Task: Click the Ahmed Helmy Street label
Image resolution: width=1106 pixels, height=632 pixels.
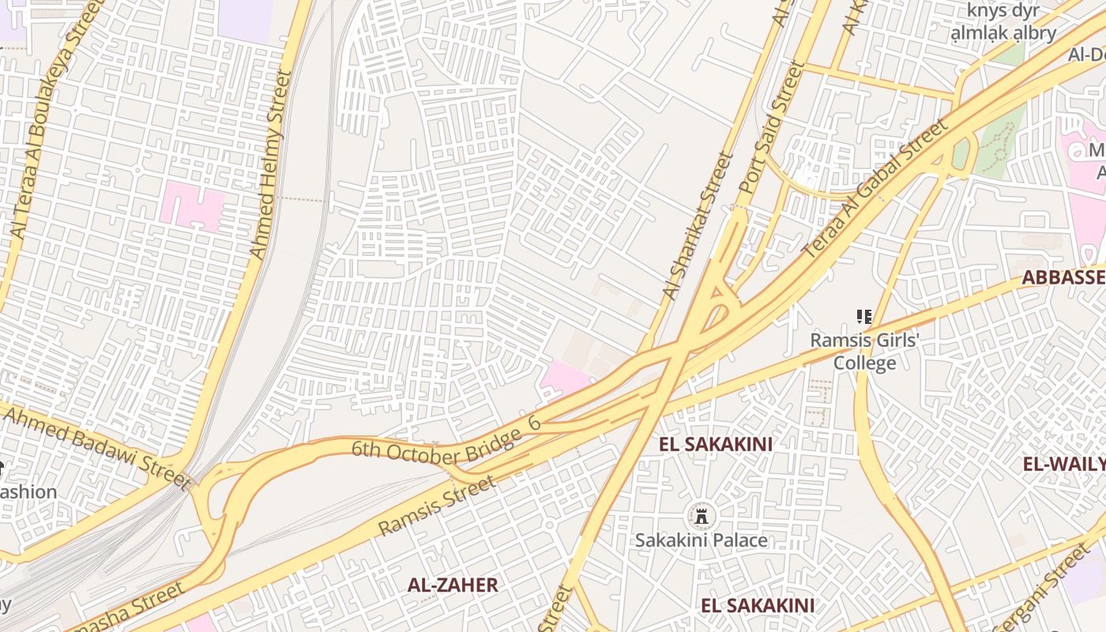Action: [x=271, y=165]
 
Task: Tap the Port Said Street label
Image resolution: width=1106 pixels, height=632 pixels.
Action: [x=770, y=128]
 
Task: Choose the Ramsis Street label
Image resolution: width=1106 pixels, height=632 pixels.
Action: [x=437, y=506]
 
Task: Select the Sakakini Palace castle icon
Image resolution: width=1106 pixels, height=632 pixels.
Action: [x=701, y=516]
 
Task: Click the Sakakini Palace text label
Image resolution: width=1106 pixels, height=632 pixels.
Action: [x=702, y=540]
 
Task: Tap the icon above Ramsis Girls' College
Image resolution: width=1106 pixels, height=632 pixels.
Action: [x=864, y=318]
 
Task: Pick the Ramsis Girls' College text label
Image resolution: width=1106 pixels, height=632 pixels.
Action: [x=864, y=352]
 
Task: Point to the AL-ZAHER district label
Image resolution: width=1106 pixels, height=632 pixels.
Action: [x=453, y=585]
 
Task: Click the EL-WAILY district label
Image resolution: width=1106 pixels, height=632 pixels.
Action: [x=1063, y=464]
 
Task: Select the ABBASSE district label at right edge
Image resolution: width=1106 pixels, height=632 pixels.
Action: [x=1063, y=277]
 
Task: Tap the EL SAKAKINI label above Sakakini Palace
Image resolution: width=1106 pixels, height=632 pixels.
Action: [x=716, y=444]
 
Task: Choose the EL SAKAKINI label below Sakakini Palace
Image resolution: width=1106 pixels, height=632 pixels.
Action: [x=758, y=606]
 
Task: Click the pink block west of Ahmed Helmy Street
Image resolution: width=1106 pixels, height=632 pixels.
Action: [x=192, y=205]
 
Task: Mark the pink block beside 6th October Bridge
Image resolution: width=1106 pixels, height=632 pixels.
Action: [x=564, y=379]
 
